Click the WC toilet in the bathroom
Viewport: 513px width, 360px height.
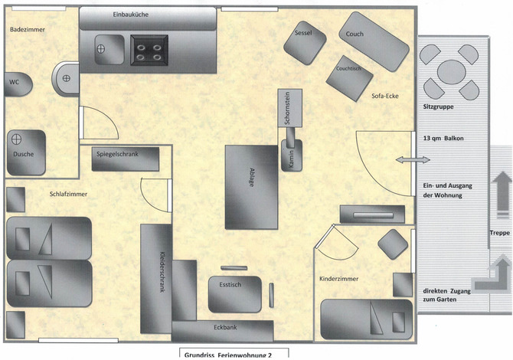click(18, 84)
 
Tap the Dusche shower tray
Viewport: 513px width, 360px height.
click(26, 152)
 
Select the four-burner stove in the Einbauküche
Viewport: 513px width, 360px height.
click(149, 50)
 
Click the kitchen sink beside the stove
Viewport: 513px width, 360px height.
click(109, 50)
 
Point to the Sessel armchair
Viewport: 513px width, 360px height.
click(305, 43)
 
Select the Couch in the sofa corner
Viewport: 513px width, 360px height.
click(374, 41)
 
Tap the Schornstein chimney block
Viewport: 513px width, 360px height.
click(290, 108)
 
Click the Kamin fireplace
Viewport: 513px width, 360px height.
click(292, 155)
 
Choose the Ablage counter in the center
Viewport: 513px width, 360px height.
click(251, 187)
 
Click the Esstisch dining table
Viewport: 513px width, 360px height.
click(235, 294)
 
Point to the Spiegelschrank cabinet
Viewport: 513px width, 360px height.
click(126, 159)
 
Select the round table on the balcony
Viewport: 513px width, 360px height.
click(452, 72)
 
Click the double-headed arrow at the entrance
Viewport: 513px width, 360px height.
click(413, 160)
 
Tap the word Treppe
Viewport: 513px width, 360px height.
click(499, 233)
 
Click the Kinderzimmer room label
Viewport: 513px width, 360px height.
click(338, 279)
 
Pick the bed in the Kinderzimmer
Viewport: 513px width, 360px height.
click(367, 319)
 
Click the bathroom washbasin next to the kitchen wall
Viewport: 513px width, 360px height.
click(66, 79)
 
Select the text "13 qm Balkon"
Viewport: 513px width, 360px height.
click(443, 139)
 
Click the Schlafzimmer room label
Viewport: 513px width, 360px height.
click(68, 194)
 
